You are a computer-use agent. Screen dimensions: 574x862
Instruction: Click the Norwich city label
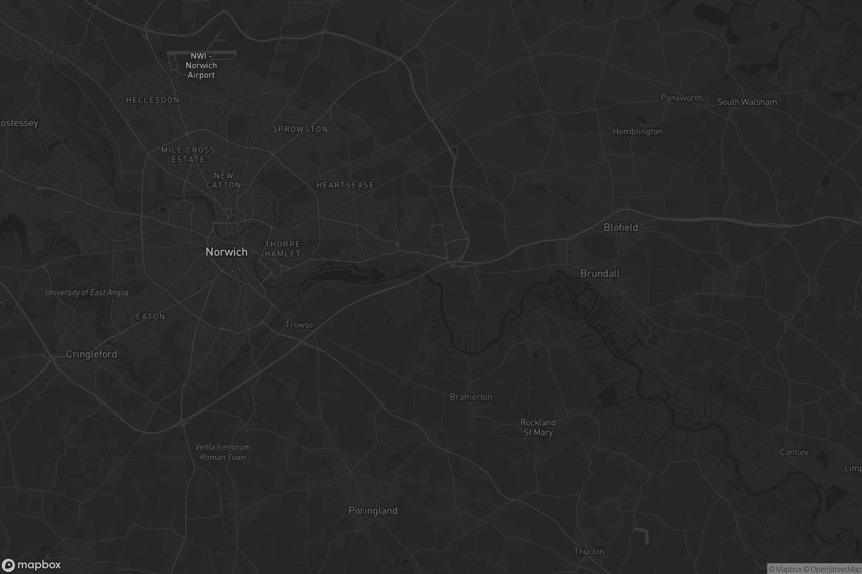click(x=227, y=252)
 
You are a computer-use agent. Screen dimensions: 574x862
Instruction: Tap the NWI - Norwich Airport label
click(x=201, y=66)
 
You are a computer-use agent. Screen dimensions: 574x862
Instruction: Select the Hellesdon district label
click(x=153, y=100)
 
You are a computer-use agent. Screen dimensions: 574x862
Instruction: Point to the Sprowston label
click(x=300, y=129)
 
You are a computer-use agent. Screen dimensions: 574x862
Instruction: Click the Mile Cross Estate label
click(x=188, y=155)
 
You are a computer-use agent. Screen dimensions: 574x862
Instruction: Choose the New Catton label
click(x=223, y=180)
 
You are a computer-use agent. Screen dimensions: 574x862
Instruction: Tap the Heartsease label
click(x=345, y=185)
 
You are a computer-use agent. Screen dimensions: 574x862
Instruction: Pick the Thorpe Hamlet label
click(x=283, y=249)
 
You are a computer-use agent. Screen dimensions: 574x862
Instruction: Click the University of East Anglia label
click(x=87, y=292)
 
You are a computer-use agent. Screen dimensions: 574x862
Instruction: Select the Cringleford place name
click(x=92, y=354)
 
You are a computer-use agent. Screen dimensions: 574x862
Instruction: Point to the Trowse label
click(x=299, y=325)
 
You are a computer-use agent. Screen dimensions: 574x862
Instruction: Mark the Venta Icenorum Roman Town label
click(x=223, y=452)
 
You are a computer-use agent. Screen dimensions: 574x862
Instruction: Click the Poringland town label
click(x=373, y=511)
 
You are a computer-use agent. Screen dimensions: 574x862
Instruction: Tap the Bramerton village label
click(x=471, y=397)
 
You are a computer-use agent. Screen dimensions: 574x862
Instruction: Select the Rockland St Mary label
click(x=538, y=427)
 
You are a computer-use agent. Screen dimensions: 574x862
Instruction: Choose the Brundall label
click(x=600, y=273)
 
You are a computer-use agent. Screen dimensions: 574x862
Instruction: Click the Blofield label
click(x=621, y=227)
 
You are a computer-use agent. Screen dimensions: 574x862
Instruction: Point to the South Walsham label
click(x=747, y=102)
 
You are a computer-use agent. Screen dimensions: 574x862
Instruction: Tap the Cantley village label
click(x=794, y=452)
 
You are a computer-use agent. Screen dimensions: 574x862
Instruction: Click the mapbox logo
click(x=31, y=565)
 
